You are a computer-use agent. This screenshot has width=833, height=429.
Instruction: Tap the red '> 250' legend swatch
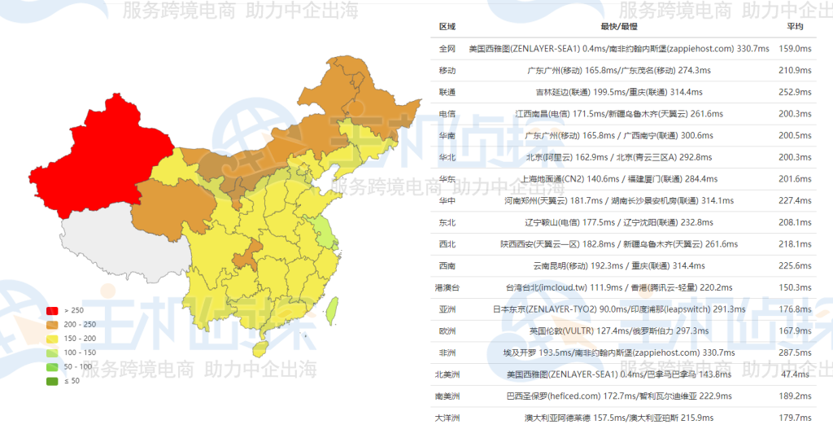(x=52, y=310)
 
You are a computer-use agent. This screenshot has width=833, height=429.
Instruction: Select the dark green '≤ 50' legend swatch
(x=52, y=381)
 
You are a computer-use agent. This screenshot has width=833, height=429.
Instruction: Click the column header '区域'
(x=447, y=27)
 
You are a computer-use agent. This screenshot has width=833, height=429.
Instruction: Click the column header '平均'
(x=795, y=27)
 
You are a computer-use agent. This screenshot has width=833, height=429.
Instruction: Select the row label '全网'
(x=447, y=49)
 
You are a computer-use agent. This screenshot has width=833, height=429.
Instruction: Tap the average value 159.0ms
(x=795, y=49)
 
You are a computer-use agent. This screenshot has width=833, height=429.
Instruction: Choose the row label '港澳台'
(x=447, y=287)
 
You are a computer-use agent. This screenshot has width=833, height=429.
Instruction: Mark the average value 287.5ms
(x=795, y=352)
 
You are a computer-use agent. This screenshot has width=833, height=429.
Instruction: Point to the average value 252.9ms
(x=795, y=92)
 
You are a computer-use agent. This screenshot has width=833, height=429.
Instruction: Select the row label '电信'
(x=447, y=114)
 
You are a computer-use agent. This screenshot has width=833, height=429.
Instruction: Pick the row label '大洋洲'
(x=447, y=418)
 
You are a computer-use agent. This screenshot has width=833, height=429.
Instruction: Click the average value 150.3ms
(x=795, y=287)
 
